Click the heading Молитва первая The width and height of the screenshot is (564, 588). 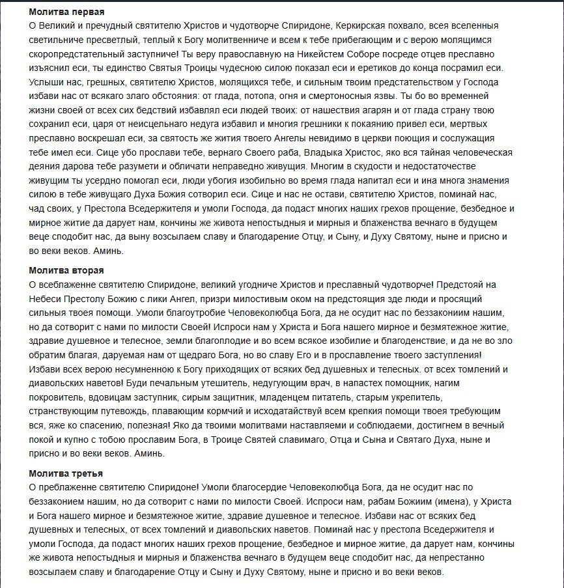click(x=66, y=12)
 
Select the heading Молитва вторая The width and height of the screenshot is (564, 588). click(x=66, y=270)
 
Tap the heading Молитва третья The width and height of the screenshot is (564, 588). click(x=66, y=473)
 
